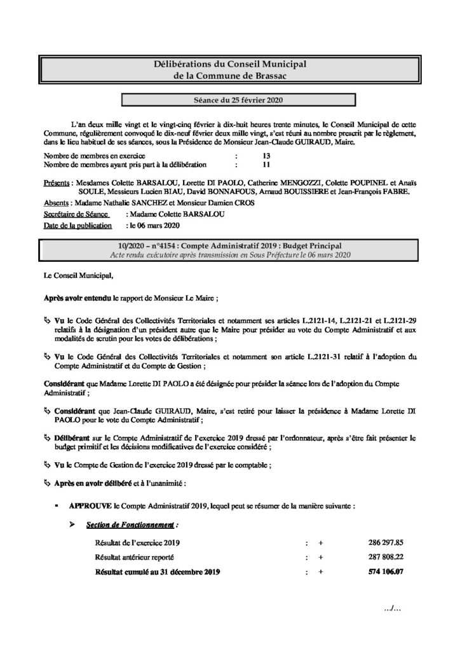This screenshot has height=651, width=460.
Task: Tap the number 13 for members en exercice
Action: pyautogui.click(x=257, y=155)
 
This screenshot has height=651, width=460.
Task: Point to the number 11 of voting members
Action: pyautogui.click(x=257, y=164)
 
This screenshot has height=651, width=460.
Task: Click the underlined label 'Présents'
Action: pyautogui.click(x=57, y=182)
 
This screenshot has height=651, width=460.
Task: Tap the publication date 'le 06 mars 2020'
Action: pyautogui.click(x=154, y=225)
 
